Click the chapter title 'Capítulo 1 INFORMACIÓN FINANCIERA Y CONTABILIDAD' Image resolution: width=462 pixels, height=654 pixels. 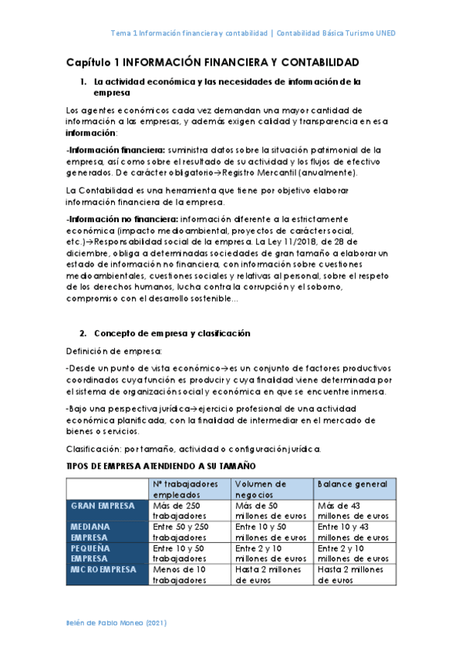[212, 61]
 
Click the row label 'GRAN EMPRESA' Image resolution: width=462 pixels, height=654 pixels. [103, 506]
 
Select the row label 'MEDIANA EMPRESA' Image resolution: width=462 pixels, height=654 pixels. [91, 531]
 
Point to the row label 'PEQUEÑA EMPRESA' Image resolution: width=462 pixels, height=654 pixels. [91, 553]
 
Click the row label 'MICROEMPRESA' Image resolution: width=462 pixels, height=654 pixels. [103, 569]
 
